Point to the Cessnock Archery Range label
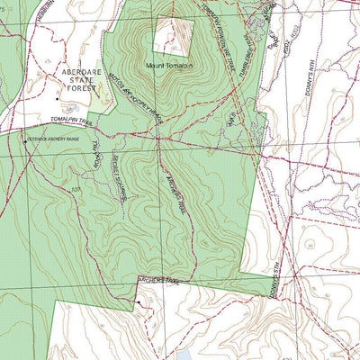click(x=53, y=139)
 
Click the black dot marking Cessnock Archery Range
click(x=24, y=140)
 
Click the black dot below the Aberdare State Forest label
click(x=58, y=97)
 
